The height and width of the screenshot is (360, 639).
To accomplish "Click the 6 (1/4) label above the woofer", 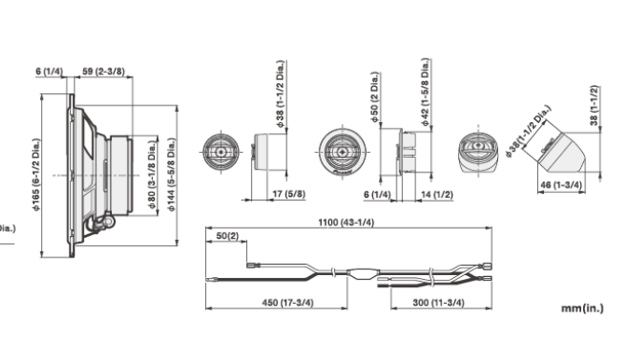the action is (x=49, y=72).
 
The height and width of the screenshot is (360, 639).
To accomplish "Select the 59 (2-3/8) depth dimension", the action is (x=104, y=71).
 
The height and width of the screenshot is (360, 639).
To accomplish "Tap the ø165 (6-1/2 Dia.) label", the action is (x=36, y=175).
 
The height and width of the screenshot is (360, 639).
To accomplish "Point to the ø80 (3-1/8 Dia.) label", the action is (x=152, y=175).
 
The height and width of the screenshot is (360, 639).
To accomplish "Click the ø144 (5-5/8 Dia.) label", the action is (x=172, y=175).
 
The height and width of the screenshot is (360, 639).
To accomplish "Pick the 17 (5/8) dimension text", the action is (x=288, y=194).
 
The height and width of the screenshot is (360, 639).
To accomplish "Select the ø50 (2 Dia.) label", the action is (x=374, y=98).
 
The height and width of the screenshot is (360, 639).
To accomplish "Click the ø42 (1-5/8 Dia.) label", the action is (x=425, y=92).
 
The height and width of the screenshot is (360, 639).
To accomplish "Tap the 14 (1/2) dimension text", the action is (x=437, y=195).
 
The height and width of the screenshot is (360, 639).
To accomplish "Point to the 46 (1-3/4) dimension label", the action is (x=562, y=185).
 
